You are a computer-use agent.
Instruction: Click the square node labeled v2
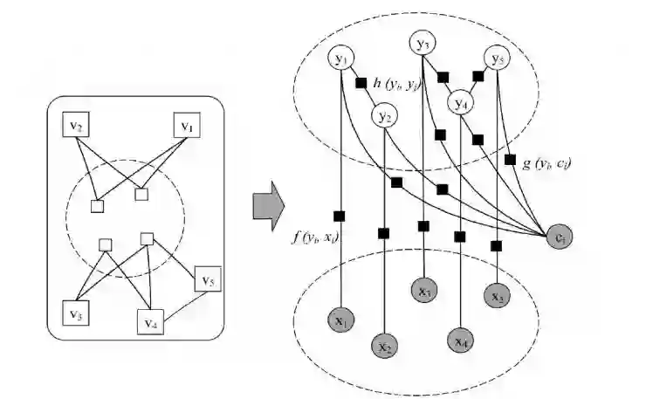click(77, 127)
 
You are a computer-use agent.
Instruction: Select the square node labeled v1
click(186, 127)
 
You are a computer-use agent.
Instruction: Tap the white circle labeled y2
click(384, 114)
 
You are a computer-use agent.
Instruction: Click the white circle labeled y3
click(424, 44)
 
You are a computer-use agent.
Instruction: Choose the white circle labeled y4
click(462, 103)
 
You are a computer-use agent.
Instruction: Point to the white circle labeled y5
click(498, 59)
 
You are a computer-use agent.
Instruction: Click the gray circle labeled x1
click(340, 320)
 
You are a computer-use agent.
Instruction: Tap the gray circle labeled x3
click(424, 289)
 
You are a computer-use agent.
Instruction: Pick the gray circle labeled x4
click(461, 338)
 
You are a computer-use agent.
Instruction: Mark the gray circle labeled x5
click(498, 296)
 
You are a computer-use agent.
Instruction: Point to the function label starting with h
click(395, 83)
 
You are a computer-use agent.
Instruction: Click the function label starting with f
click(315, 236)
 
